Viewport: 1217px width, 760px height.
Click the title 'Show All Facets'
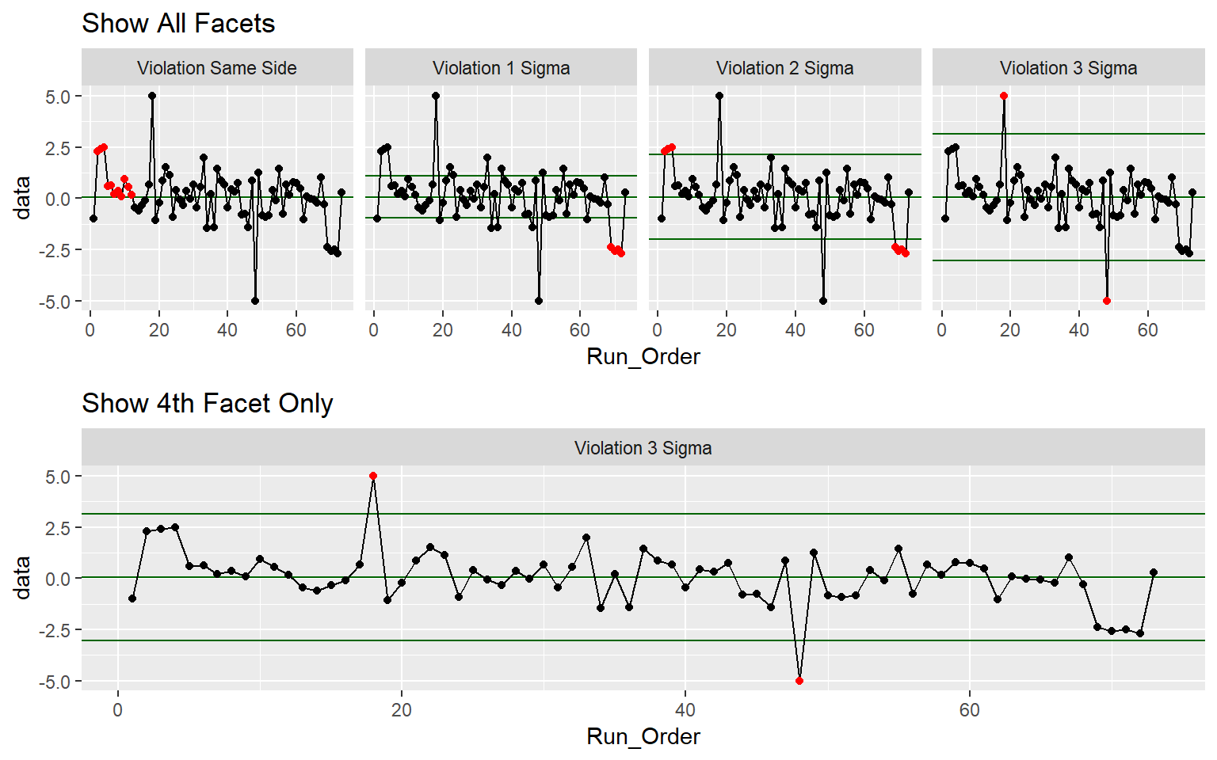point(178,24)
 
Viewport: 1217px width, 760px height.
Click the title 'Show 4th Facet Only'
point(207,404)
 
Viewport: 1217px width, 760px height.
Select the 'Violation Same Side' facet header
point(217,68)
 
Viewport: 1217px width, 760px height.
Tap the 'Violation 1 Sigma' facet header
point(501,68)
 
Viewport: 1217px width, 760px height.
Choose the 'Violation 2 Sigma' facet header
point(784,68)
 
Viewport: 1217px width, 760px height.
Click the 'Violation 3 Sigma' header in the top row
point(1068,68)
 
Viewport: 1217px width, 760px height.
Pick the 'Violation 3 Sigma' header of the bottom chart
point(643,448)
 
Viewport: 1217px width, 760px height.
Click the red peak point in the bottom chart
point(373,476)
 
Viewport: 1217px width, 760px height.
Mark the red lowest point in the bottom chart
point(799,681)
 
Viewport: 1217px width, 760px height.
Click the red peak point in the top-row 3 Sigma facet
point(1004,96)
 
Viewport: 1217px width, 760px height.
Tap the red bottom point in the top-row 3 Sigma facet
point(1107,301)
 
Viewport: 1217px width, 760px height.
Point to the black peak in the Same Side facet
point(152,96)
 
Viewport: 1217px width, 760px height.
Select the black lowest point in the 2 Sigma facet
point(823,301)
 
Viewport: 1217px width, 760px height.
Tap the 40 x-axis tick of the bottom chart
point(685,710)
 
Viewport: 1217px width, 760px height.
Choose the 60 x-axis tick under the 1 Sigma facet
point(580,330)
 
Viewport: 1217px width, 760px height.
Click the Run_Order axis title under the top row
point(643,357)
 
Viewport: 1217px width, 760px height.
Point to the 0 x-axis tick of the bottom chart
point(118,710)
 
